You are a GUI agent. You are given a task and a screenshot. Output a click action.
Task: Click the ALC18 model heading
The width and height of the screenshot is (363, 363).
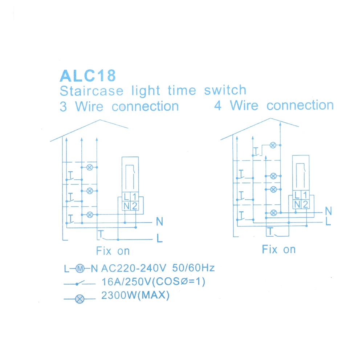point(88,76)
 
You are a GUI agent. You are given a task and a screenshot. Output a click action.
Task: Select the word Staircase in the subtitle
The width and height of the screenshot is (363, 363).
point(92,91)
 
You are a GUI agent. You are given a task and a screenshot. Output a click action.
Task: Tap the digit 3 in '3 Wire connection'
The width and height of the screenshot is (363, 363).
point(63,107)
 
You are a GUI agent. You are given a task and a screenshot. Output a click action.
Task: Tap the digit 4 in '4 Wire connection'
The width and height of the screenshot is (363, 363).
point(217,106)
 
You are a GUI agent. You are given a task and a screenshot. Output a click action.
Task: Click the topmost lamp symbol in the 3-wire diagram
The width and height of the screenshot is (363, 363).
point(90,167)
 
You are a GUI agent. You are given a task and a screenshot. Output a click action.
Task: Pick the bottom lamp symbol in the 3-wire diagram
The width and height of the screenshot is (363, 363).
point(90,215)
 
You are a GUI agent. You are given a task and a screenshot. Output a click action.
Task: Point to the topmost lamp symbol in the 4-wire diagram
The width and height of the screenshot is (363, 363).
point(273,146)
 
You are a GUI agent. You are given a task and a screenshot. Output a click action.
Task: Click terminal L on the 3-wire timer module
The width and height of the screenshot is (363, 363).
point(126,197)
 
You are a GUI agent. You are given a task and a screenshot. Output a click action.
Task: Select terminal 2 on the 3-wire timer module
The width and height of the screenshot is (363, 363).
point(135,206)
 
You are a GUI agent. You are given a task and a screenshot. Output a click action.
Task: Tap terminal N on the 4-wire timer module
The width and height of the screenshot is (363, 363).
point(297,204)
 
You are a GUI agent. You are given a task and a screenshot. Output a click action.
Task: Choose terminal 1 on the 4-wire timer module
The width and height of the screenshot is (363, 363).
point(305,195)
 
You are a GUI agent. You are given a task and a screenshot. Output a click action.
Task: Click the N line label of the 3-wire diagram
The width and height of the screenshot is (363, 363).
point(159,221)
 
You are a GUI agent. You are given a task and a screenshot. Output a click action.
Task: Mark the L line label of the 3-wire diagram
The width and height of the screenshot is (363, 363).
point(159,238)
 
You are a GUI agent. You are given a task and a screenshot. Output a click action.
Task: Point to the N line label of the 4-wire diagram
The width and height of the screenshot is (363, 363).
point(329,211)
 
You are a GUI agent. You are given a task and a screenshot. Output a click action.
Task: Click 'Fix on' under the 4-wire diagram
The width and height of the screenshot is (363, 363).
point(279,250)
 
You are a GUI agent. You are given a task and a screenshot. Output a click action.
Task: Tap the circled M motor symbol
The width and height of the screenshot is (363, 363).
point(80,269)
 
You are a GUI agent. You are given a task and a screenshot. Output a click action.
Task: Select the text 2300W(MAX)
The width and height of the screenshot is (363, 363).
point(135,295)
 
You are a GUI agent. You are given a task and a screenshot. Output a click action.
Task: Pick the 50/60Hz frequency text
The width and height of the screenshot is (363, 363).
point(193,268)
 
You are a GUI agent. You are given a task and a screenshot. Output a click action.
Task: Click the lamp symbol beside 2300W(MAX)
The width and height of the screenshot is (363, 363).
point(80,299)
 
